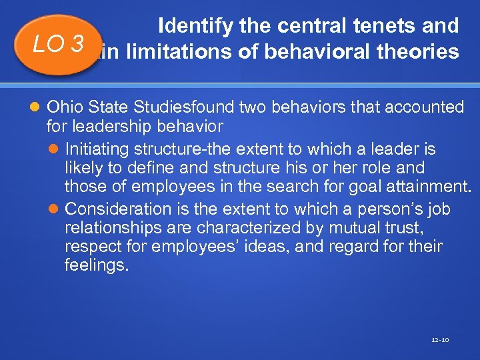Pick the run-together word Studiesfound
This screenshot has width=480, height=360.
tap(178, 107)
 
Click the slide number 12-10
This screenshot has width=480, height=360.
tap(440, 340)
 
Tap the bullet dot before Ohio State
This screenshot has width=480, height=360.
tap(37, 107)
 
